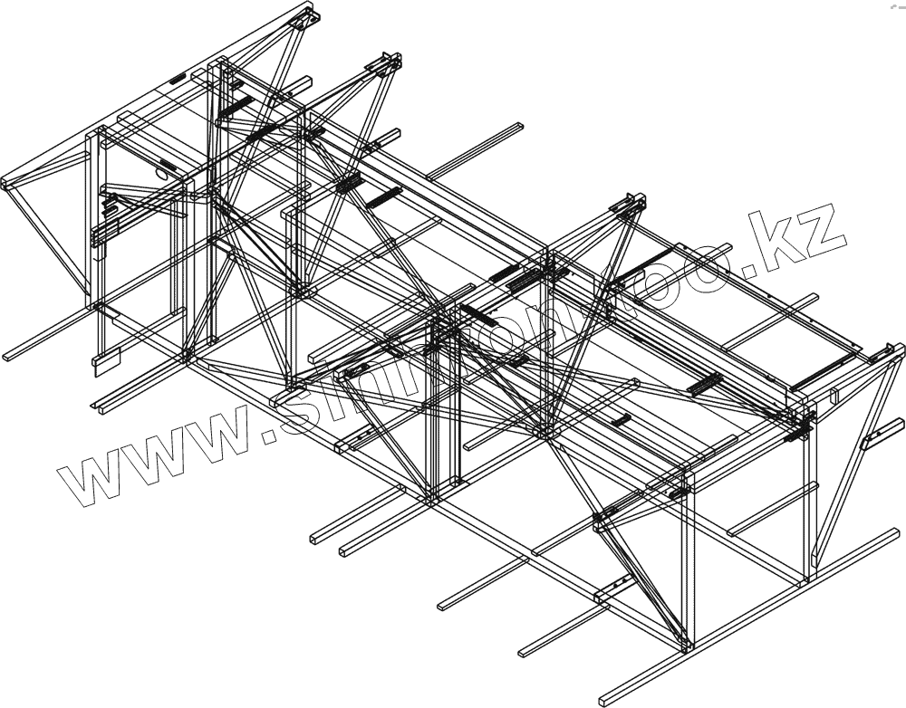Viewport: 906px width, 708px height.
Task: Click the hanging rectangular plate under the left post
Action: [101, 362]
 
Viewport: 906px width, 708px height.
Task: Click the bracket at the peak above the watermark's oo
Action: [629, 205]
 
